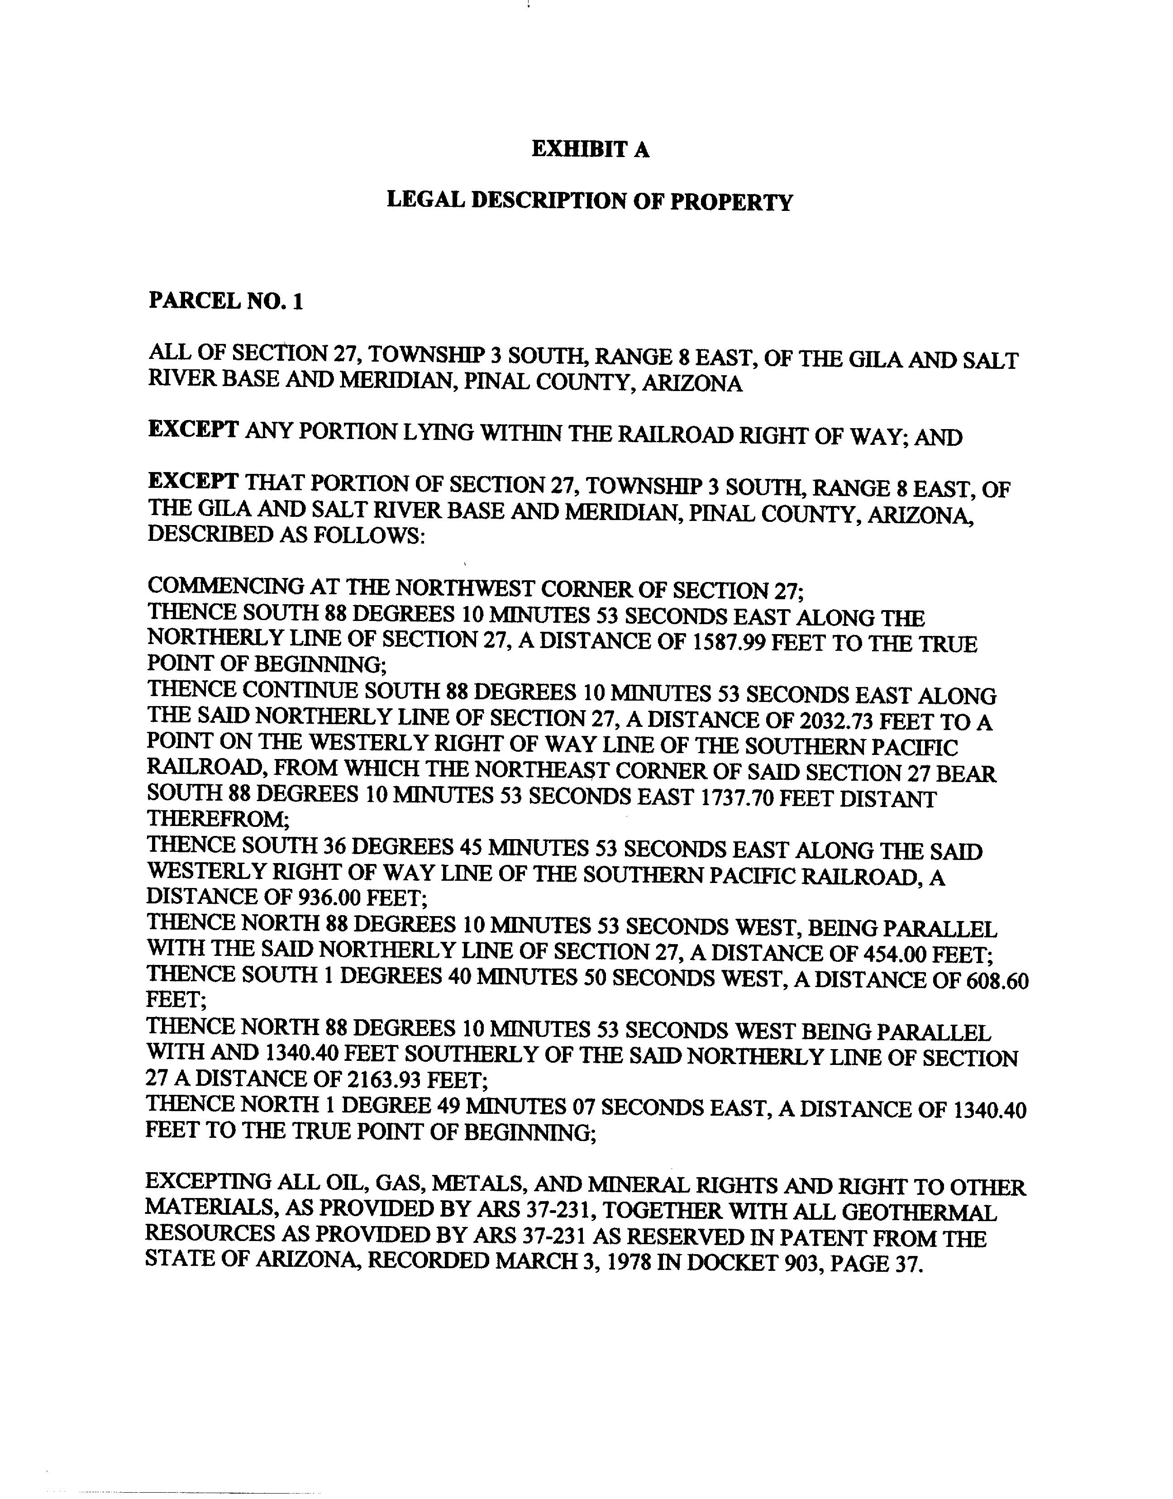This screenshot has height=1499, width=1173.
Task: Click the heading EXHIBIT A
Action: [590, 150]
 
